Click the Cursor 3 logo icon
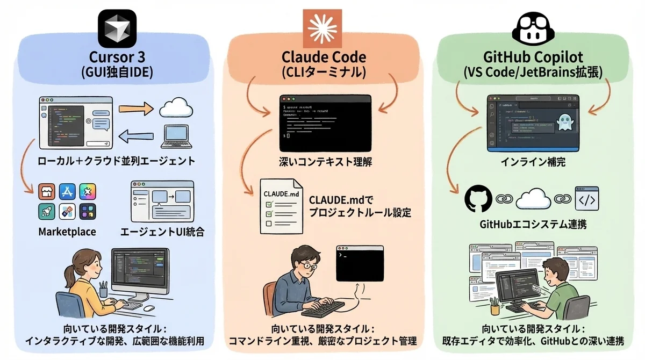point(117,28)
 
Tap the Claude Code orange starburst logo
point(323,27)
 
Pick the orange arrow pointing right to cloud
point(135,108)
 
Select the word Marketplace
point(67,232)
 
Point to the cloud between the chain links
point(533,198)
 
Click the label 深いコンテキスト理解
point(325,161)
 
